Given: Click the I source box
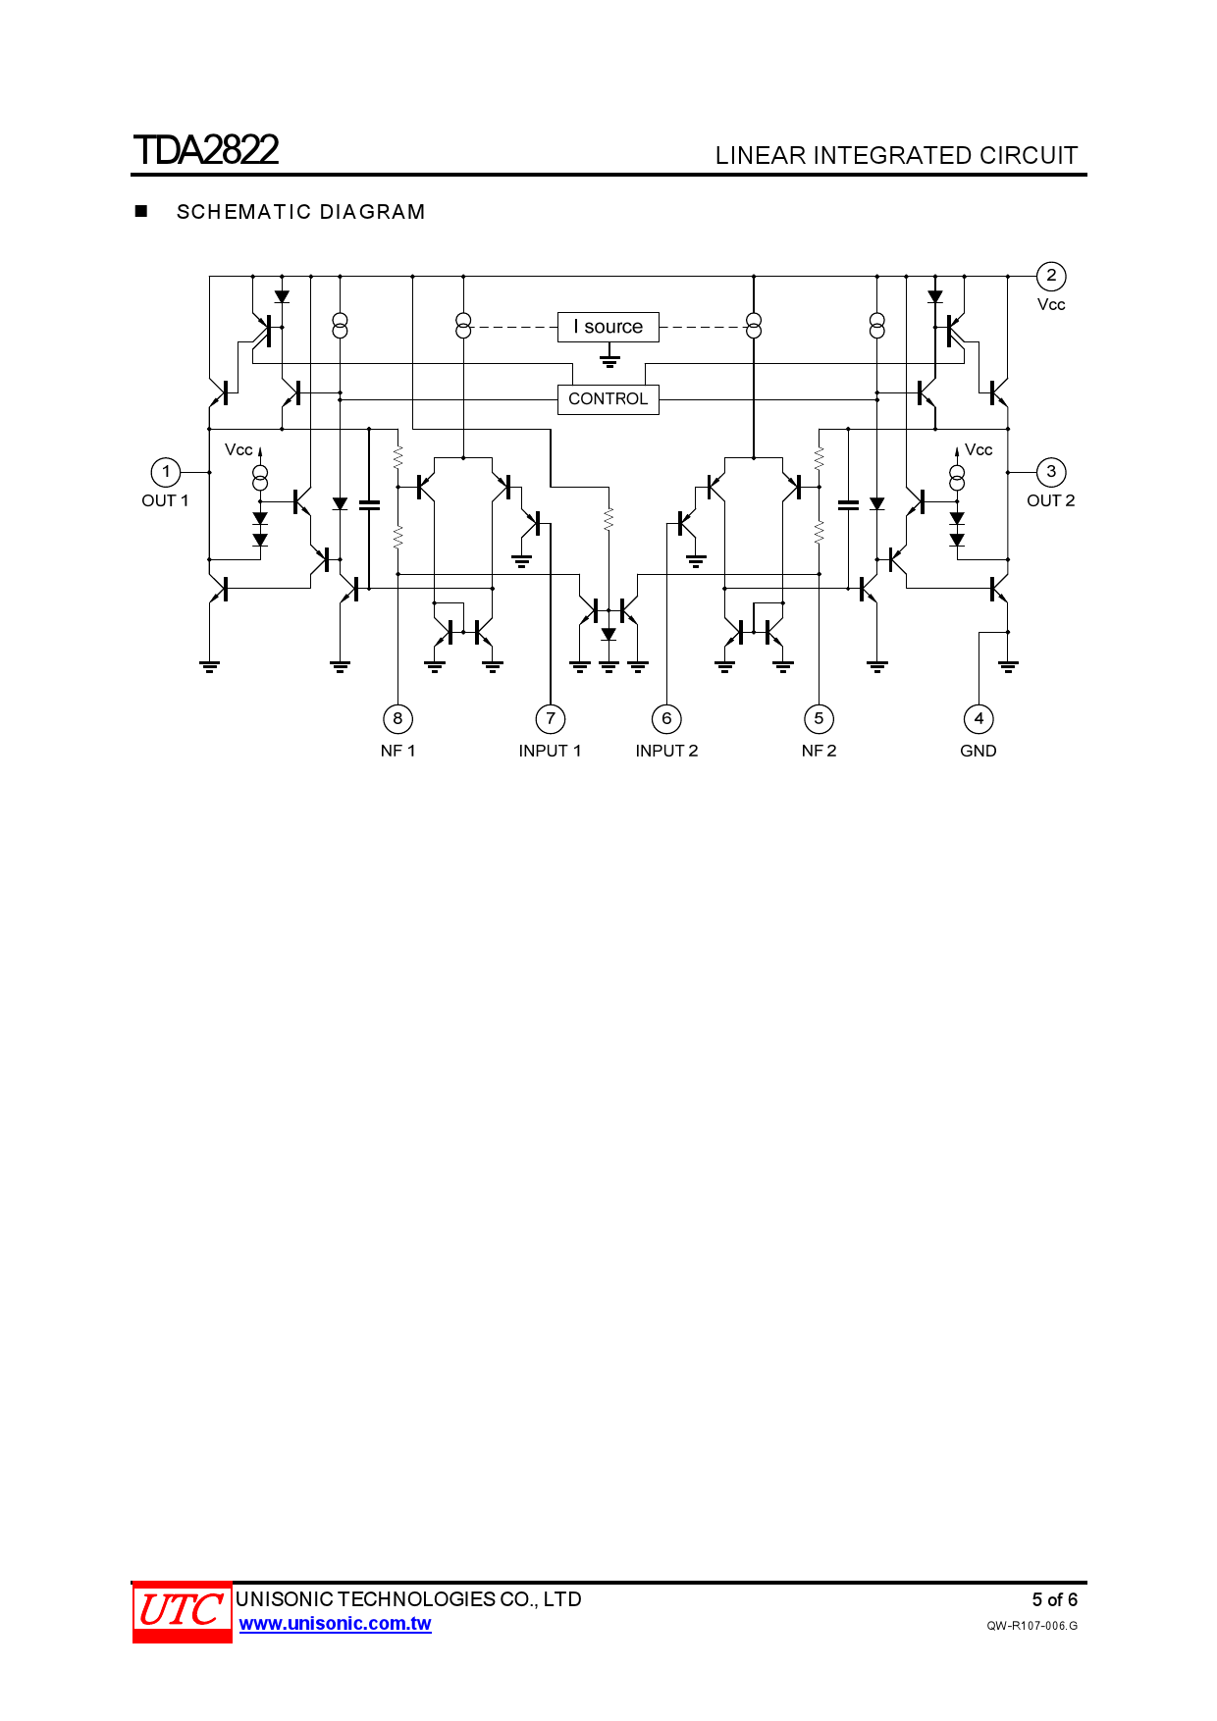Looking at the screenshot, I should pyautogui.click(x=608, y=327).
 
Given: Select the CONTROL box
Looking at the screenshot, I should pyautogui.click(x=608, y=399).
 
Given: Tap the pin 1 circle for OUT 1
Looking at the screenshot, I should pyautogui.click(x=166, y=472).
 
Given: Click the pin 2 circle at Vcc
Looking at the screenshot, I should pyautogui.click(x=1051, y=276).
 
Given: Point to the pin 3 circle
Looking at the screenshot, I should pyautogui.click(x=1051, y=472).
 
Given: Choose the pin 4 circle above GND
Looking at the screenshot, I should pyautogui.click(x=979, y=719).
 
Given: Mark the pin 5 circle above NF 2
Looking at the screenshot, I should pyautogui.click(x=819, y=719).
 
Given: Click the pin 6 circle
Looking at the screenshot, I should pyautogui.click(x=666, y=719).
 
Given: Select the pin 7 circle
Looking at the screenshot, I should pyautogui.click(x=551, y=719).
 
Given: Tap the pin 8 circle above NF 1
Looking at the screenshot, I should pyautogui.click(x=397, y=719).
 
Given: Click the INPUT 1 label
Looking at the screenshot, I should pyautogui.click(x=550, y=751).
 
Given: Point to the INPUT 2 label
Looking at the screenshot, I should pyautogui.click(x=666, y=751).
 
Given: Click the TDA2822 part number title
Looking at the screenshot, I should pyautogui.click(x=206, y=150).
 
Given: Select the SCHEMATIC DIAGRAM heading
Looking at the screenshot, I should pyautogui.click(x=300, y=212).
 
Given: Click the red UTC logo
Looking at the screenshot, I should pyautogui.click(x=182, y=1611).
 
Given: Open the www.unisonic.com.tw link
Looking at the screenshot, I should pyautogui.click(x=335, y=1624).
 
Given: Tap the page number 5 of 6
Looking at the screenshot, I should pyautogui.click(x=1054, y=1600).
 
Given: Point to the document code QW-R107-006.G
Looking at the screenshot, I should pyautogui.click(x=1032, y=1626).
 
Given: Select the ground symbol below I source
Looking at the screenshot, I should pyautogui.click(x=609, y=360).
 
